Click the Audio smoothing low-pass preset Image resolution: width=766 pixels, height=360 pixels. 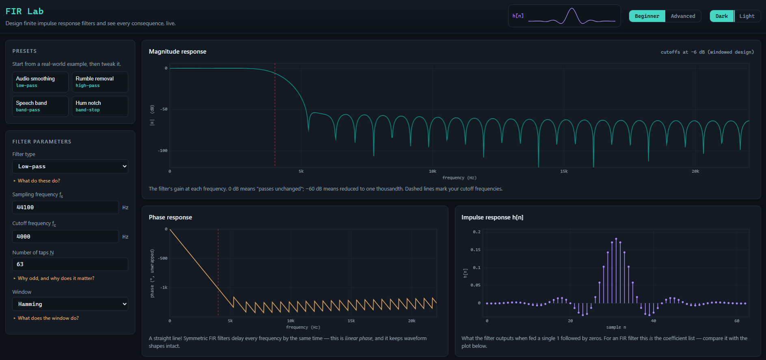click(x=40, y=82)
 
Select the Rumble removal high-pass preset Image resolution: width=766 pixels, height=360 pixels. click(x=100, y=82)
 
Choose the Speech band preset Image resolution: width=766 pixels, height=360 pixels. click(x=40, y=106)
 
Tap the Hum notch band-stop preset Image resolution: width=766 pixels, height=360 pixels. click(x=100, y=106)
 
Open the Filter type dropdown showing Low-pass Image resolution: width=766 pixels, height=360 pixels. click(x=70, y=167)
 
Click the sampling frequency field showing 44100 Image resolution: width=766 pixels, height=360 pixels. click(x=65, y=207)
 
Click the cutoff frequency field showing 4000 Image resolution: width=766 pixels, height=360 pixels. click(x=65, y=236)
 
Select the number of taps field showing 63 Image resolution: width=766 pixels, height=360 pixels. click(x=70, y=264)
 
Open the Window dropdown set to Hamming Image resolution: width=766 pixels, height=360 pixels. click(x=70, y=304)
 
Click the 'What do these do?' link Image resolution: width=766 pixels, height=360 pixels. click(x=39, y=181)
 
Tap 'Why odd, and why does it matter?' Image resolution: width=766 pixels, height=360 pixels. click(x=56, y=278)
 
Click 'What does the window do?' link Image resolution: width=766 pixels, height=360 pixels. click(x=48, y=318)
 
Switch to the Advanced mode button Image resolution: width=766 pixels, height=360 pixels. click(x=683, y=16)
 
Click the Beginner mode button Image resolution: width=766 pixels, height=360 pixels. click(x=647, y=16)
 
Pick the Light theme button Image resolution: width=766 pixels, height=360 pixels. click(x=747, y=16)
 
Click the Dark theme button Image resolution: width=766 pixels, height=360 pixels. click(x=722, y=16)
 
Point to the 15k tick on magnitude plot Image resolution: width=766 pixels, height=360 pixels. click(x=564, y=171)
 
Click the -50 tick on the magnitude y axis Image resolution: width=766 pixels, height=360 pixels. click(x=164, y=109)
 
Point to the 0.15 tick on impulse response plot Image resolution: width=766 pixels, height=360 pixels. click(x=475, y=250)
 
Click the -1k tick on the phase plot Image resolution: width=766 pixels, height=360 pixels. click(x=164, y=288)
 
